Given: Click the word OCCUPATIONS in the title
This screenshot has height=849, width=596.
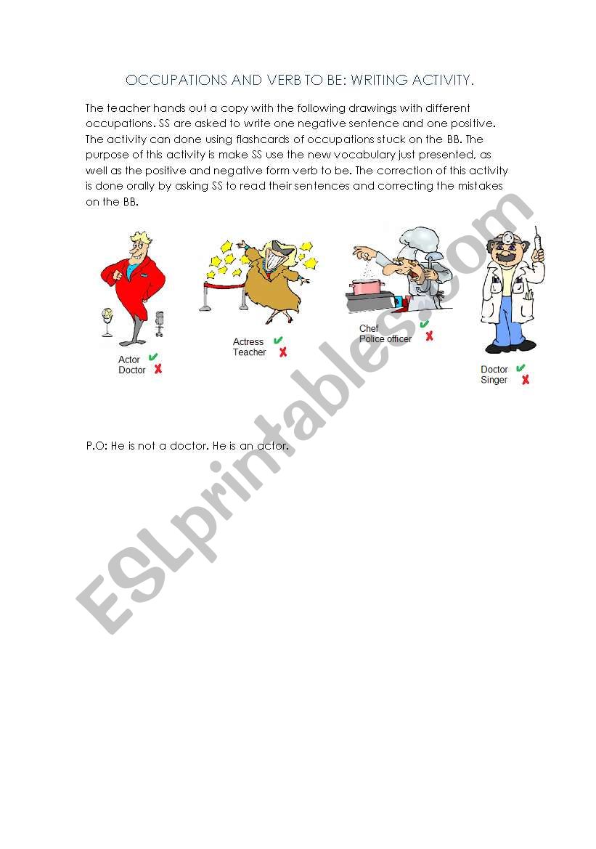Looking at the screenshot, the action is pos(176,80).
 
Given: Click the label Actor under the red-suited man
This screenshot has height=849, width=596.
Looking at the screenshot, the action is pos(128,359).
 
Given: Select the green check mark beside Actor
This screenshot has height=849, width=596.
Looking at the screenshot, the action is pos(153,357).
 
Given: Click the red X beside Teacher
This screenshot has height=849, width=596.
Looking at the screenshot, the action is pos(282,352).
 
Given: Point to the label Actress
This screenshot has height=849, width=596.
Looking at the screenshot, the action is pos(248,341).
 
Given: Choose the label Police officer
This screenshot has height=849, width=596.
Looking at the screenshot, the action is pos(385,339).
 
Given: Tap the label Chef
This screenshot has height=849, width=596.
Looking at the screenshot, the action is pos(369,328).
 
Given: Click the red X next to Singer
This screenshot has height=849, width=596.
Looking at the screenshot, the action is pos(525,380).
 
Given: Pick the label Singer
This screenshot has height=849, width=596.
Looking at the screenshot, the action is pos(494,380).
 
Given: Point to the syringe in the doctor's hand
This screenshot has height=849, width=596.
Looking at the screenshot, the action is pos(537,239).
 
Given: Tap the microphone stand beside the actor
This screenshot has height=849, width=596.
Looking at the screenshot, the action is pos(159,324).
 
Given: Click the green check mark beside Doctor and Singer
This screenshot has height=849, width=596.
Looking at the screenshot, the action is pos(521,367).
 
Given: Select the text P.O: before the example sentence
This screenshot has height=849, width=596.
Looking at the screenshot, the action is pos(97,446).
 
